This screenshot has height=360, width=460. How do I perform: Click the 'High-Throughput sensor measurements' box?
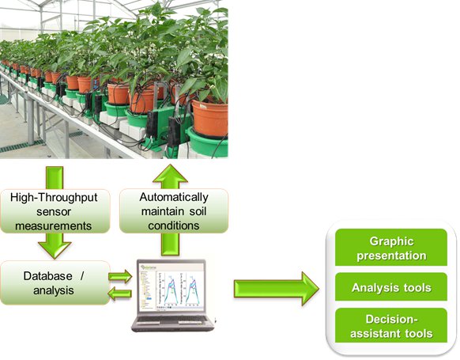click(55, 211)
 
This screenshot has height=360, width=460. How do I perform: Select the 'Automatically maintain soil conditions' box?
click(174, 210)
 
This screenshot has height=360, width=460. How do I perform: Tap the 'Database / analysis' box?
click(55, 282)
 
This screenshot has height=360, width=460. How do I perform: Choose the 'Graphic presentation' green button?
click(391, 248)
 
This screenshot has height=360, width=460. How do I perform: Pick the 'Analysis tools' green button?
click(391, 287)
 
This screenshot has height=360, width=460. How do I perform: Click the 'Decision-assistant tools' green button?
click(391, 325)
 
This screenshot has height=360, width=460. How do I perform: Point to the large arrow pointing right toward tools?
click(277, 289)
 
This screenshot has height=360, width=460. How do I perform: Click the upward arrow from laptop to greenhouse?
click(170, 210)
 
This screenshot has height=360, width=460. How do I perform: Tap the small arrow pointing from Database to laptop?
click(120, 276)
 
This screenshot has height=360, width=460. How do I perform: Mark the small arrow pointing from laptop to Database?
click(120, 294)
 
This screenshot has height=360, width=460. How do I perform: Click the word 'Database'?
click(48, 275)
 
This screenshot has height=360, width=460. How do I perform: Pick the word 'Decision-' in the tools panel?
click(391, 319)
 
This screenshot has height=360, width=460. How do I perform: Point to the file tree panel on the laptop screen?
click(148, 290)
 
